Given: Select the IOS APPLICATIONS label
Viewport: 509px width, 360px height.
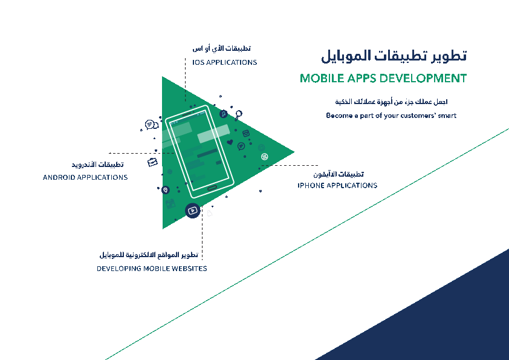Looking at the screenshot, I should point(224,62).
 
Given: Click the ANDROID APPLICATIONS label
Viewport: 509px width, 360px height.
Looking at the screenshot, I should point(85,177).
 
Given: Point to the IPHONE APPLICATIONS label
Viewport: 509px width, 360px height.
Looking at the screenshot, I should point(337,185).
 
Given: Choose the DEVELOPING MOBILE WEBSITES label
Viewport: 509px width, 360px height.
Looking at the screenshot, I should point(152,268).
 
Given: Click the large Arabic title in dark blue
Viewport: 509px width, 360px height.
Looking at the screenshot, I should point(394,56).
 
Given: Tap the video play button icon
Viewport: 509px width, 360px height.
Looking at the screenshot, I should point(192,211).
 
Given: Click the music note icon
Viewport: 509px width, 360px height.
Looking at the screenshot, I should point(223,113).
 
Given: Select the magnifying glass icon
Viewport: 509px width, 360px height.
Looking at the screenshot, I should point(239,114).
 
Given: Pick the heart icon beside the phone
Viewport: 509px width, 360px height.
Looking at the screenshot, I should point(230,143).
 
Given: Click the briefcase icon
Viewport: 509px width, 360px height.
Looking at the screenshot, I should point(152,162).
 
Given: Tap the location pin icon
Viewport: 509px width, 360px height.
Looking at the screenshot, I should point(166,190).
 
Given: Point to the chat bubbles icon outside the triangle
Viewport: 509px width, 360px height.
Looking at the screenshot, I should point(151,125).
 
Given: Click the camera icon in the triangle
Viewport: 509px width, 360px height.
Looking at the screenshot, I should point(246,133).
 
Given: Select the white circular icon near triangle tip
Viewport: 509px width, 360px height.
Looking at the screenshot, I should point(264,157).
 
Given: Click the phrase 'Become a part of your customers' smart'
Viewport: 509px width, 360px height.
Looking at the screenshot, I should point(391,115).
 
